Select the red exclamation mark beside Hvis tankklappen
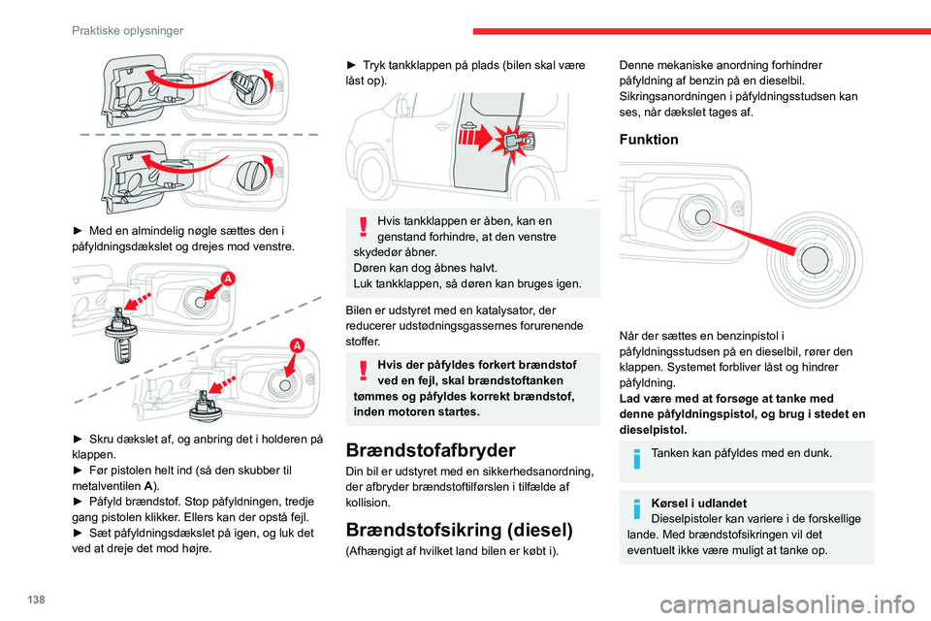tap(362, 228)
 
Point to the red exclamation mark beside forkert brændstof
tap(362, 373)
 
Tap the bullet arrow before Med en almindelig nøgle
tap(75, 230)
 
